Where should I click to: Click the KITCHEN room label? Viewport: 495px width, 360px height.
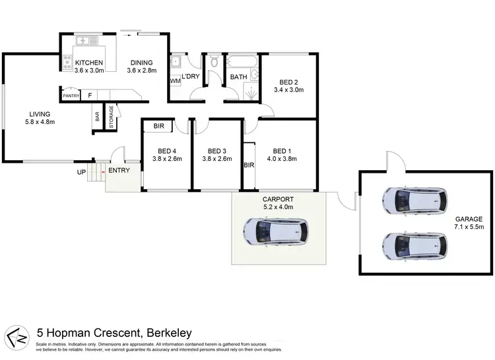coord(89,63)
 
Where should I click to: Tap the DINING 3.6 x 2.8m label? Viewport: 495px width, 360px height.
coord(143,63)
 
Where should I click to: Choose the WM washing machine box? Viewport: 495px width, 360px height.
coord(175,80)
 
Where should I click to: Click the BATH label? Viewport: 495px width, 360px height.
coord(238,77)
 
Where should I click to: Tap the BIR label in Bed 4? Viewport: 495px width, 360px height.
coord(158,125)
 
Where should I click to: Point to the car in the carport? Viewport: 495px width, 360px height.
coord(275,231)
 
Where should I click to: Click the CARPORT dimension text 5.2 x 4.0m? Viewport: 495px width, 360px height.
coord(278,207)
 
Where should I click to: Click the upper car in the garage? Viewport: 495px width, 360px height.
coord(414,200)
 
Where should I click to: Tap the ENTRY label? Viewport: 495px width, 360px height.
coord(119,170)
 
